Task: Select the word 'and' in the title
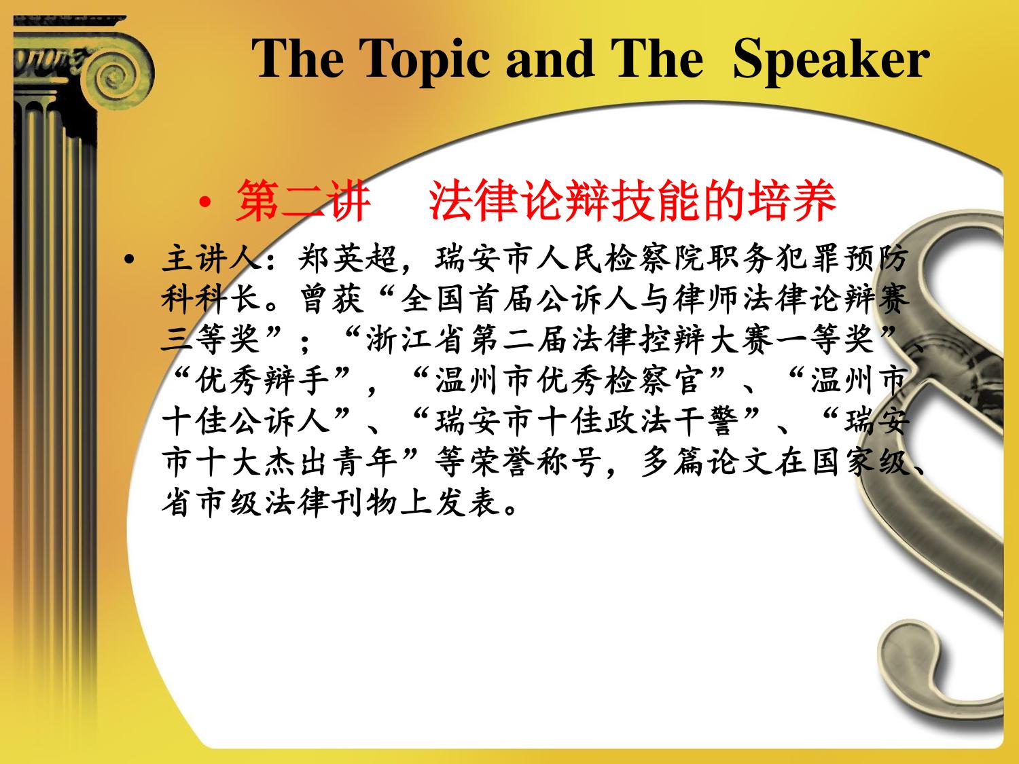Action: (x=550, y=58)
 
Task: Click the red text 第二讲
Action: (x=303, y=201)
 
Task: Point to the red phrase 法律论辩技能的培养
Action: (x=632, y=201)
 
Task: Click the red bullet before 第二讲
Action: (x=204, y=202)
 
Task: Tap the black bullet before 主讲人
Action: (x=130, y=259)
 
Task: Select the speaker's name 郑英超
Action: (x=348, y=257)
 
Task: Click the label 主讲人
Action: (x=211, y=257)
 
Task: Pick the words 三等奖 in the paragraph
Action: (x=211, y=339)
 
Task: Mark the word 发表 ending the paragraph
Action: (x=467, y=503)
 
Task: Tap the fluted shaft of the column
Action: (x=55, y=371)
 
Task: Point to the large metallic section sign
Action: (x=947, y=464)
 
